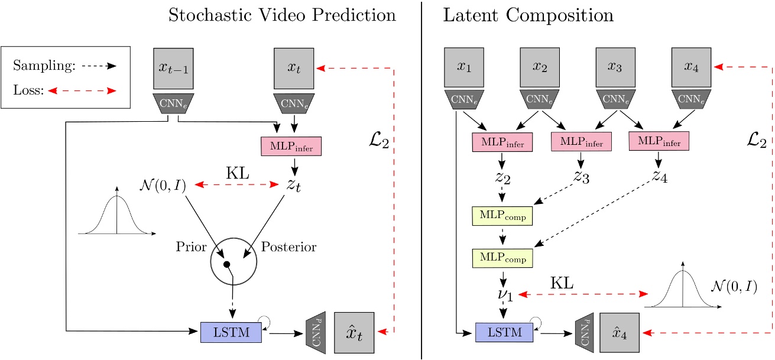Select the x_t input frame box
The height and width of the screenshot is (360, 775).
[294, 70]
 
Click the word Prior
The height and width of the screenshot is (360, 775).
[190, 247]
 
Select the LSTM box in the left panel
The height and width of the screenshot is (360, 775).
[231, 332]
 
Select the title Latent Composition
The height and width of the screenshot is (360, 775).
[528, 15]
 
